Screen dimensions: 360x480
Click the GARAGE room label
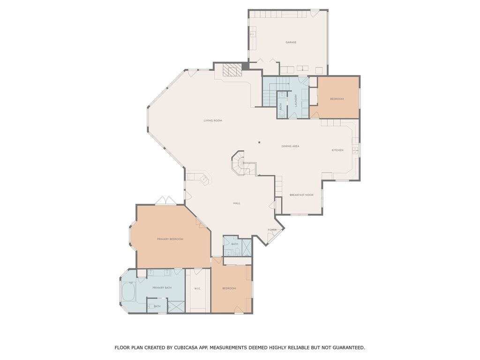coord(291,43)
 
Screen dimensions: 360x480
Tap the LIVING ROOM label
coord(212,120)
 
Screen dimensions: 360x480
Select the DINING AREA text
coord(290,146)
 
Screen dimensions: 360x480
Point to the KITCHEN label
coord(337,150)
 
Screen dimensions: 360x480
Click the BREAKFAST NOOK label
coord(301,195)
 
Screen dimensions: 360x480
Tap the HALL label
coord(237,203)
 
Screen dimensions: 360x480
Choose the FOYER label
coord(272,230)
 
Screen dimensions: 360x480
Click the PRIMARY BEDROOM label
coord(170,239)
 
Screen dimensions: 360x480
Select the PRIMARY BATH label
coord(162,287)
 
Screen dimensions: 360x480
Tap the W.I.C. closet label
coord(197,288)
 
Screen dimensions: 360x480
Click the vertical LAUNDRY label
coord(296,100)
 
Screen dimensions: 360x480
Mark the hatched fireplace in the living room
coord(231,70)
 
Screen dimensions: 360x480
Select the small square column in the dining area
coord(259,142)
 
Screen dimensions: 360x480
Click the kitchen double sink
coord(355,150)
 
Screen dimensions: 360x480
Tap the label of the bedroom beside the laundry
coord(337,99)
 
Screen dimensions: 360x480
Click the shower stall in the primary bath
coord(176,306)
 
